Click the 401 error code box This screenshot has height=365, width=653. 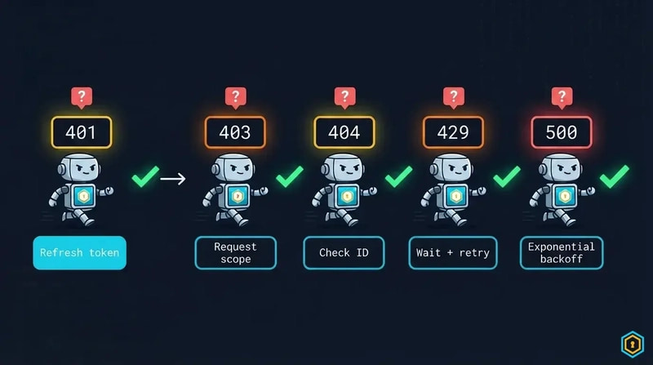[82, 132]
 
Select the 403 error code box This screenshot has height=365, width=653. [235, 132]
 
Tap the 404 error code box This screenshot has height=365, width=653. [344, 132]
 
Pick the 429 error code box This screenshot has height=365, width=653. [453, 132]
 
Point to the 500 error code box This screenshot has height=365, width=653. [562, 132]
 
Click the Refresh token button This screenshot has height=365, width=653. [79, 252]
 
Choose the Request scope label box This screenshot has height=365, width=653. [235, 252]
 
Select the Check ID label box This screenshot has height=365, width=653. [344, 252]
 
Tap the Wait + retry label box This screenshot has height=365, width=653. [453, 252]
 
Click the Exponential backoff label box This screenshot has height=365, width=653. [562, 252]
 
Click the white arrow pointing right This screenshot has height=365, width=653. [173, 179]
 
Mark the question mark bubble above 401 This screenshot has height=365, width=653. [82, 97]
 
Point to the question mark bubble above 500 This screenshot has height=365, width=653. [562, 97]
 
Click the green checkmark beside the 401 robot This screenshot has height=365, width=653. [145, 176]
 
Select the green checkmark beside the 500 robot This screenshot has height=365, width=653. [615, 176]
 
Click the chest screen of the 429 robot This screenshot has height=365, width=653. [455, 196]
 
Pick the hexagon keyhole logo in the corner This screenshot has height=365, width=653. [633, 344]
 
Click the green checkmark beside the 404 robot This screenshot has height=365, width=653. [398, 176]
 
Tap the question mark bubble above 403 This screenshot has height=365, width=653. [236, 97]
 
